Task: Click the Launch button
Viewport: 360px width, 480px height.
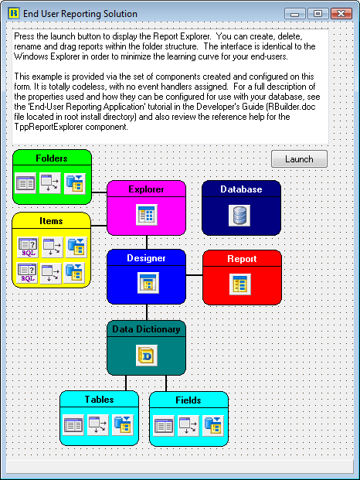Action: tap(299, 159)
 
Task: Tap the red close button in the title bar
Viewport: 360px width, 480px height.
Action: tap(341, 13)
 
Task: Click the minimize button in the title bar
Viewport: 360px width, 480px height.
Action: tap(295, 14)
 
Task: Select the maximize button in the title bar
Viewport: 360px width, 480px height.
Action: tap(318, 13)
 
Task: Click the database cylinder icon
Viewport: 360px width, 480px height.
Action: tap(239, 216)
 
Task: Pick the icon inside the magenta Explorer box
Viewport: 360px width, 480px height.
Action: tap(147, 215)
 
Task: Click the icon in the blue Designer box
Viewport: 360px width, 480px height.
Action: tap(148, 283)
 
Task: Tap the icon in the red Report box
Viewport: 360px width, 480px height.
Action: tap(240, 284)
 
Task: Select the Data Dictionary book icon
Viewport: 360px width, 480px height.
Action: tap(147, 356)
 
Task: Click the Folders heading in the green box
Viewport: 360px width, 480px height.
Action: tap(52, 158)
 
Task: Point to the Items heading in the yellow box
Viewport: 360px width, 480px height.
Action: tap(51, 221)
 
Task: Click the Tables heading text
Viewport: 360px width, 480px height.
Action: tap(99, 400)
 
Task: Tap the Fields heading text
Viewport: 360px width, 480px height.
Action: tap(188, 400)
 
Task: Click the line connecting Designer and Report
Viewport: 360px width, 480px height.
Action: tap(194, 275)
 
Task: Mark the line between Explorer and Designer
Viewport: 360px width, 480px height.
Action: tap(147, 242)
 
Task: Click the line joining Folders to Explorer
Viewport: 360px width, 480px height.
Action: tap(100, 192)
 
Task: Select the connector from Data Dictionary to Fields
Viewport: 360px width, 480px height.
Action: tap(166, 383)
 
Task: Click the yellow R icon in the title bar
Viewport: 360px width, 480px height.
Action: tap(14, 13)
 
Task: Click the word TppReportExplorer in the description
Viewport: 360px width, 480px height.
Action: tap(49, 127)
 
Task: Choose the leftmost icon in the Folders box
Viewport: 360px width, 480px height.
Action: tap(25, 183)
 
